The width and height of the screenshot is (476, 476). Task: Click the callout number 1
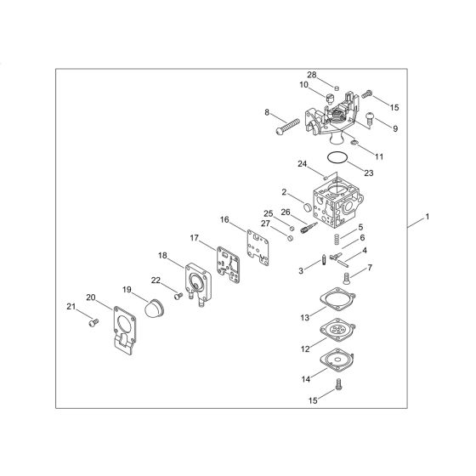point(428,217)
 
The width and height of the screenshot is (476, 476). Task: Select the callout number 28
point(312,75)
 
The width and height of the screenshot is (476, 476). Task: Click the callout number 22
point(156,280)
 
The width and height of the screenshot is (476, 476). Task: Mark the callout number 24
point(303,164)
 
